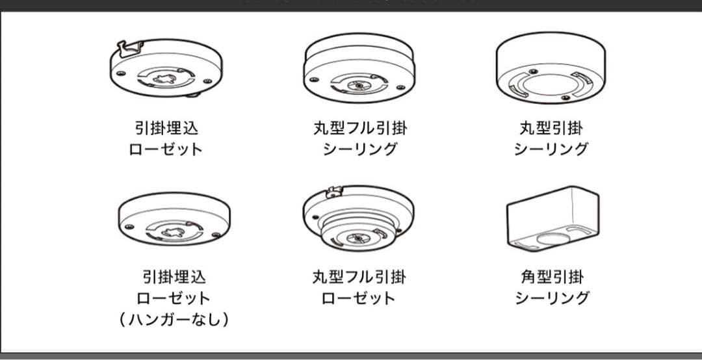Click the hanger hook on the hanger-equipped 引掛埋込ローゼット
pos(130,48)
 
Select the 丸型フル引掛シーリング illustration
pos(359,67)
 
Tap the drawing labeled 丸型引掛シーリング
pos(551,67)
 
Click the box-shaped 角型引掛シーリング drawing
pos(552,218)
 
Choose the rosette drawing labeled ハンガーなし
pos(174,219)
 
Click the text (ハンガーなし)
pos(174,320)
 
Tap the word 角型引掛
pos(552,277)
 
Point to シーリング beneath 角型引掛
pos(552,298)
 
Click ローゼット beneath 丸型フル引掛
pos(358,298)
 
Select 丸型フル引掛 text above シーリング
pos(360,129)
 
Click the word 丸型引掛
pos(551,129)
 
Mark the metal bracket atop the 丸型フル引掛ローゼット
pos(335,192)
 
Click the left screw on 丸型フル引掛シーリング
pos(314,80)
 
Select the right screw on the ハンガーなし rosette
pos(216,235)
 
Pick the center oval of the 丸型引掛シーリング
pos(551,84)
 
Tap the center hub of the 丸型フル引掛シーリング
pos(359,84)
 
